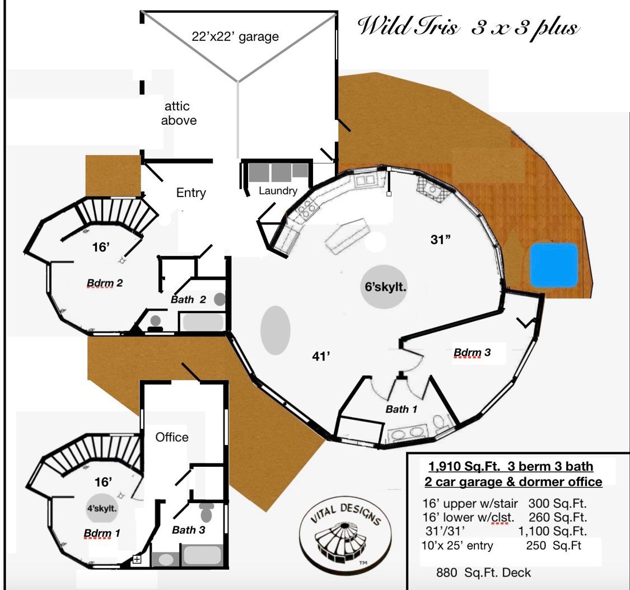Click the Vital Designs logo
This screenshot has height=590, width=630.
point(343,533)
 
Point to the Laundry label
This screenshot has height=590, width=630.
point(278,191)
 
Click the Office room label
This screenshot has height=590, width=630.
point(172,437)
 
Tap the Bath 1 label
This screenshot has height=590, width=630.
point(401,409)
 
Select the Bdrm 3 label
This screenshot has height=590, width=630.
point(472,353)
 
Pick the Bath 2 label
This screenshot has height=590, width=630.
point(188,299)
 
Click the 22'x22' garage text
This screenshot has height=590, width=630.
point(235,38)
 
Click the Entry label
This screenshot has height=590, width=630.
point(191,193)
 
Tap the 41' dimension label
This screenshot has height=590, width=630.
point(321,355)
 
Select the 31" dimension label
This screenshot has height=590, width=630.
point(441,240)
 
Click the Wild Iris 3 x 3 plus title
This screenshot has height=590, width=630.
point(468,27)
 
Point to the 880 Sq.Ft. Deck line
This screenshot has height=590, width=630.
point(483,573)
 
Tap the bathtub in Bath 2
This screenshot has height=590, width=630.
point(202,323)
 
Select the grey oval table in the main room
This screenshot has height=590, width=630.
point(276,330)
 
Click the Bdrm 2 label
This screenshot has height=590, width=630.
point(104,283)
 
